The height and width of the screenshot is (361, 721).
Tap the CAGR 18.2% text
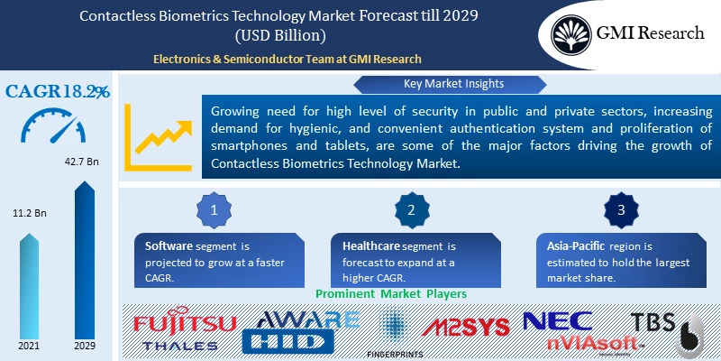pyautogui.click(x=59, y=91)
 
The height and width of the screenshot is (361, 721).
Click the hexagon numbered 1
pyautogui.click(x=214, y=209)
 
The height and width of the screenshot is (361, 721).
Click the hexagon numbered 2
pyautogui.click(x=411, y=209)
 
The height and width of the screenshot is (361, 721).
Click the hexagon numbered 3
pyautogui.click(x=619, y=209)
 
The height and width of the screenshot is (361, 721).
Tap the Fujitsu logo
pyautogui.click(x=185, y=323)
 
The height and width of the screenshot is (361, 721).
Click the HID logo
pyautogui.click(x=292, y=341)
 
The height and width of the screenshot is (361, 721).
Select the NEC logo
pyautogui.click(x=559, y=320)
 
